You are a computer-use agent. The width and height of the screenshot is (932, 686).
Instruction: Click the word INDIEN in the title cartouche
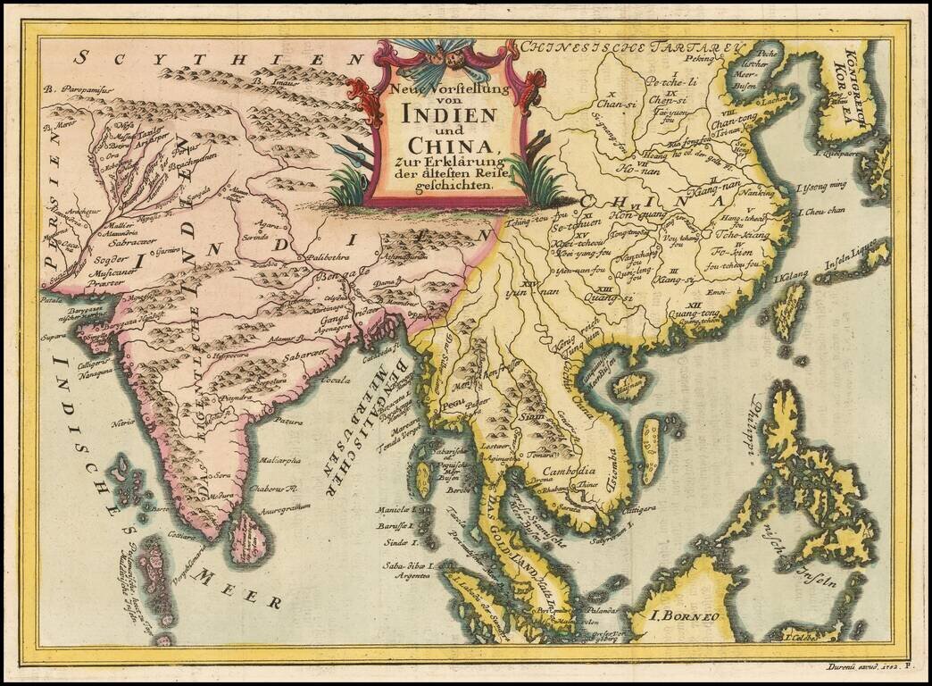click(448, 114)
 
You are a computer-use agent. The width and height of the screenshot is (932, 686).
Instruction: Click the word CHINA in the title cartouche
click(450, 145)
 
